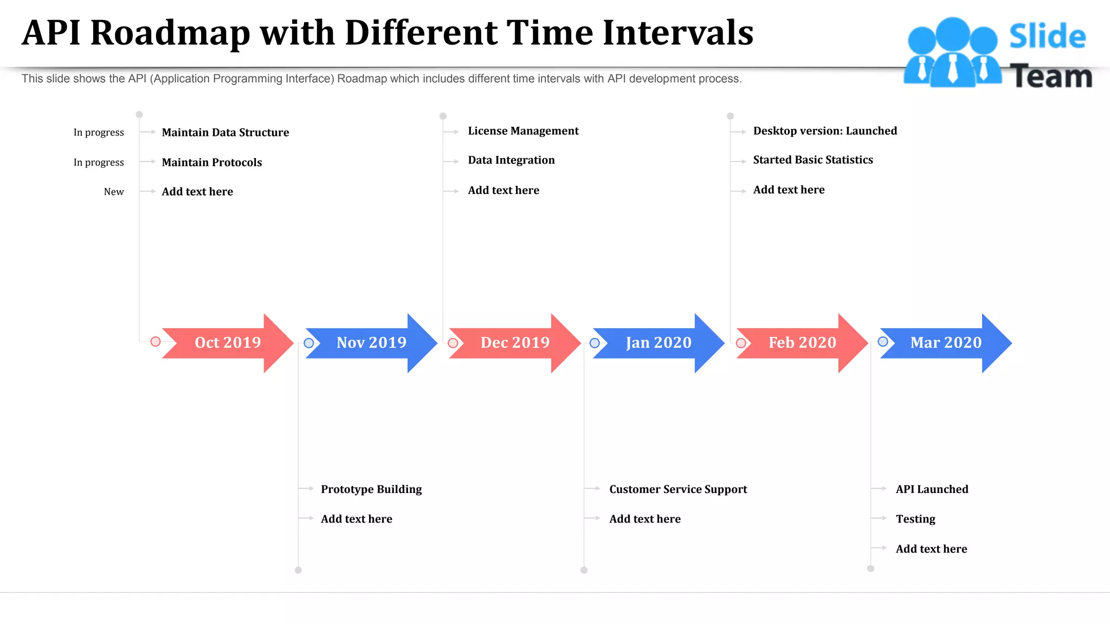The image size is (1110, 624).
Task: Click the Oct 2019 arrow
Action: tap(228, 343)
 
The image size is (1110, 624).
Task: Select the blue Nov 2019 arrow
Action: tap(371, 343)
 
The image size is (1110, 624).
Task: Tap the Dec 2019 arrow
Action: tap(515, 343)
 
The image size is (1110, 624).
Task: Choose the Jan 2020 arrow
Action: tap(659, 343)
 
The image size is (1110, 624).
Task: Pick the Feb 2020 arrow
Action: tap(802, 343)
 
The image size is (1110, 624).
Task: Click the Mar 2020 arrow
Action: tap(946, 343)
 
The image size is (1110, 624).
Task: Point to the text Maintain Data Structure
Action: tap(225, 133)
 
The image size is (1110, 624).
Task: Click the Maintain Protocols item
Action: tap(212, 162)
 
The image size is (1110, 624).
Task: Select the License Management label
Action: tap(523, 131)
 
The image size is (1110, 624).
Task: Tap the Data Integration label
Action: tap(511, 160)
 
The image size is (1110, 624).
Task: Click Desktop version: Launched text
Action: tap(825, 131)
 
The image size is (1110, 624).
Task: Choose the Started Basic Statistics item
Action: tap(813, 160)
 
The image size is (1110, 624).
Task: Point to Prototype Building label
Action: tap(371, 490)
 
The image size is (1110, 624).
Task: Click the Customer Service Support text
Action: tap(678, 490)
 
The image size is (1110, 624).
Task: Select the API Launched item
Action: tap(932, 490)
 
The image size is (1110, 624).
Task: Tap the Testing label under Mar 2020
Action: tap(915, 519)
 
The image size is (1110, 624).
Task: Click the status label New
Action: tap(114, 192)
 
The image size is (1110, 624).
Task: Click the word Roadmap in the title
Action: tap(170, 33)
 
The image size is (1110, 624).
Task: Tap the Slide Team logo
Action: tap(997, 53)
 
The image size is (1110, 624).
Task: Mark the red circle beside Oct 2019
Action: tap(156, 342)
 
